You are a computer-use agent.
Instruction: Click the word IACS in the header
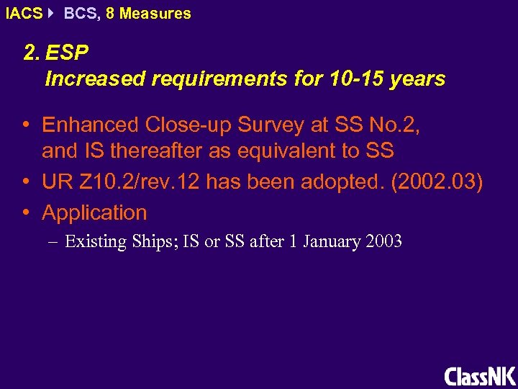tap(23, 14)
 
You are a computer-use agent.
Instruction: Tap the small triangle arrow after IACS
tap(53, 14)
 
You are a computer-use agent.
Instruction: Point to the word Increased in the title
tap(94, 79)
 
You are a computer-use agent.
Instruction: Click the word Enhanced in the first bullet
tap(90, 125)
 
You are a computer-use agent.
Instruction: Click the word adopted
tap(343, 183)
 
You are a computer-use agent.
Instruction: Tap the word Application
tap(94, 213)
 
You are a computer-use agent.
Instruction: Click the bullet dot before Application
tap(26, 213)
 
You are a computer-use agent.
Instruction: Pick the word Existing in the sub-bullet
tap(96, 241)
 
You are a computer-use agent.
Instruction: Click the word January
tap(332, 241)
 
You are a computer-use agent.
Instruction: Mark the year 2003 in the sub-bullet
tap(383, 241)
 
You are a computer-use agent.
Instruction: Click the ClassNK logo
tap(480, 376)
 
